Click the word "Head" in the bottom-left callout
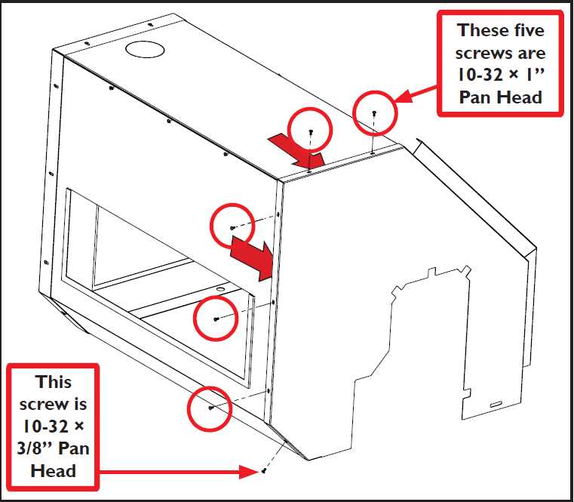pos(53,470)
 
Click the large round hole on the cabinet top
pos(144,50)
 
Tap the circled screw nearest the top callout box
pos(374,112)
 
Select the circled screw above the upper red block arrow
pos(311,131)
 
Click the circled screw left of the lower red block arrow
pos(232,227)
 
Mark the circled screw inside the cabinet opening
pos(216,319)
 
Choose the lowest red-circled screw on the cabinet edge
pos(210,408)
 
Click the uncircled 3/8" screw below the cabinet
pos(265,472)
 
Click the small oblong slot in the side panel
pos(499,405)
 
